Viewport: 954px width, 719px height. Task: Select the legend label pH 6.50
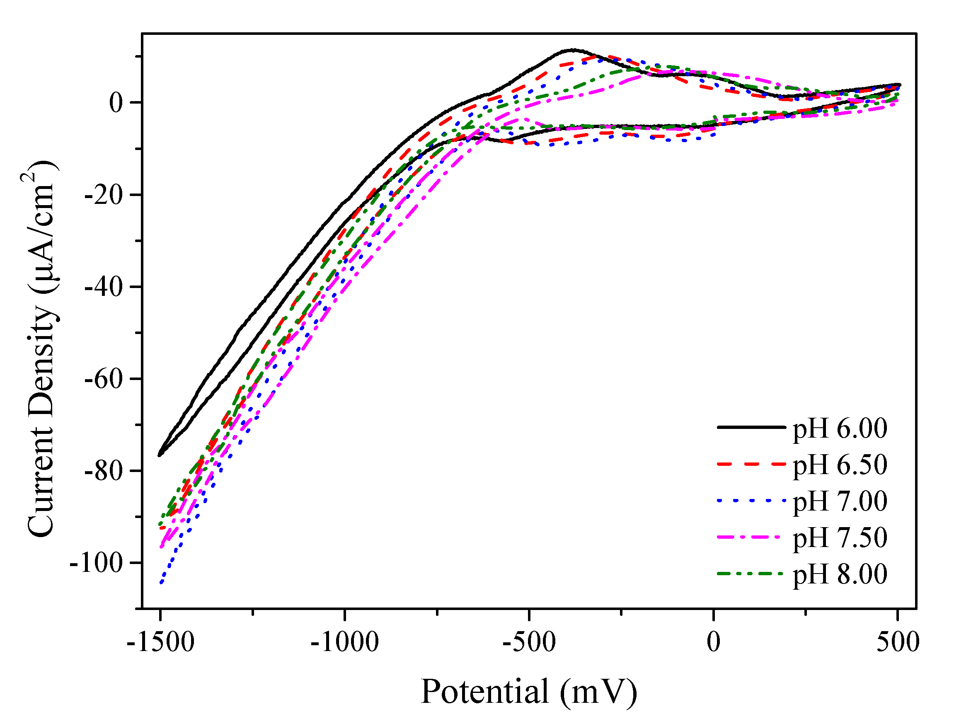(840, 465)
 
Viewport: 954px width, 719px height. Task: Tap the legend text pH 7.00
(840, 501)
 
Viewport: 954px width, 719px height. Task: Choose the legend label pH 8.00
(840, 574)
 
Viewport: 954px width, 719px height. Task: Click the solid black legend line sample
(751, 427)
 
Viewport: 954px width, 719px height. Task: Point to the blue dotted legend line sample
(751, 500)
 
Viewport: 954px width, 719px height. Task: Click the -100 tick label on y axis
(96, 563)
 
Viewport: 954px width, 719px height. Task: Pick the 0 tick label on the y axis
(116, 103)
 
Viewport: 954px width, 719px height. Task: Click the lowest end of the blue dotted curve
(161, 583)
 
